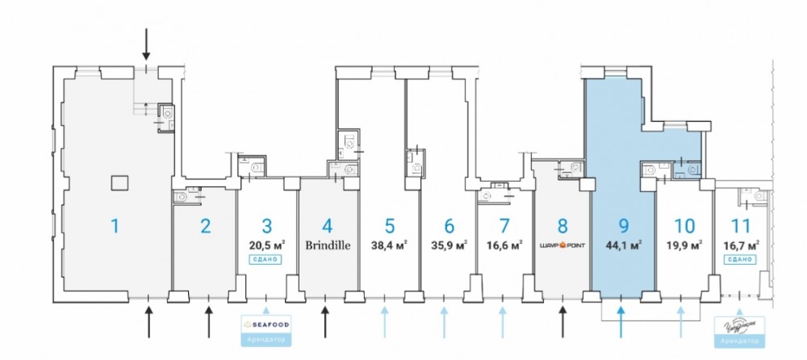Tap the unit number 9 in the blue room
(623, 225)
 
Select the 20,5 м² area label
(266, 244)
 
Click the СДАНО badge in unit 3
(266, 259)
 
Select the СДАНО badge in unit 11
(741, 259)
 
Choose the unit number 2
(206, 225)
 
